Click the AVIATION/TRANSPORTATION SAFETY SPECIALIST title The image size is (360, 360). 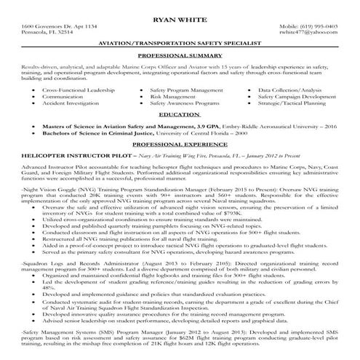180,44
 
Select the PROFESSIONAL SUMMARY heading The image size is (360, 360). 180,55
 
